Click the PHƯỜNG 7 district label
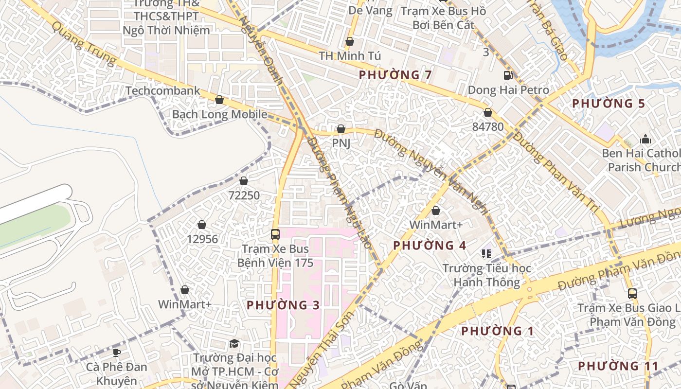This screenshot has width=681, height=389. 395,75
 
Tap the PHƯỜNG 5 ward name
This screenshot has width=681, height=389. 608,104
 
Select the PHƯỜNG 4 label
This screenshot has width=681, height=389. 430,246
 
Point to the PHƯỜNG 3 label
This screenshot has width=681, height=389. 283,305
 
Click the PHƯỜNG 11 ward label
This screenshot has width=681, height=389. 618,366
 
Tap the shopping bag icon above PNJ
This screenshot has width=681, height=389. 341,129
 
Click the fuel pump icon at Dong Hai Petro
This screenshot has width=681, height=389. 508,75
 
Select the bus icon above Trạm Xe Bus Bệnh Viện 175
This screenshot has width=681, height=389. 275,234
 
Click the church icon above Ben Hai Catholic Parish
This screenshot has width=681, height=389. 645,139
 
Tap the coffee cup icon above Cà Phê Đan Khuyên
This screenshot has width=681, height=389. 116,353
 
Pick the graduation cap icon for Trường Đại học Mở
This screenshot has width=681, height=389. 234,344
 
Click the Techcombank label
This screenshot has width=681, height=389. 162,91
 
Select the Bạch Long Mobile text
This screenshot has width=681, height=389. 219,115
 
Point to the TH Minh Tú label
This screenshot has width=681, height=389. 349,56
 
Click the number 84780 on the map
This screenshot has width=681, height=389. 488,127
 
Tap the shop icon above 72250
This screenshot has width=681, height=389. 244,181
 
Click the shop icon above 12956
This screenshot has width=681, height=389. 202,225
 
